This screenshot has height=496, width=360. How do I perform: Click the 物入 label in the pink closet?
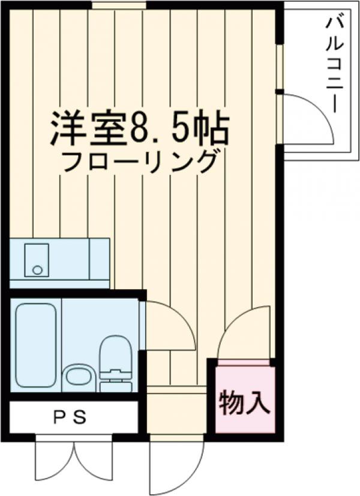(241, 403)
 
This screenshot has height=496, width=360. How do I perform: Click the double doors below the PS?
(74, 462)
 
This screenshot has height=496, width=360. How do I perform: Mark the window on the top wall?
(119, 5)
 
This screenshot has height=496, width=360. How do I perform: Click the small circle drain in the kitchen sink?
(37, 270)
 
